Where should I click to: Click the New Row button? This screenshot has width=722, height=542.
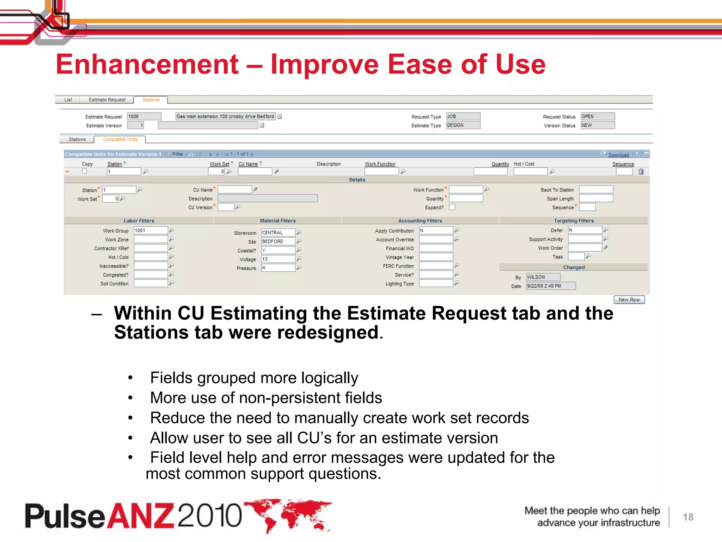pos(629,300)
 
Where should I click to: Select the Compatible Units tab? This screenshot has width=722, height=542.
pos(120,139)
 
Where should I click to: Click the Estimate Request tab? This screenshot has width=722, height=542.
pos(107,100)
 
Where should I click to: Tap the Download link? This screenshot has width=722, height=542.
pos(618,155)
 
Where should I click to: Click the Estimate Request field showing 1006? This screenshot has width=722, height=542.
pos(144,116)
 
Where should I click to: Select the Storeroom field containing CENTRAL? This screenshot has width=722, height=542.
pos(278,233)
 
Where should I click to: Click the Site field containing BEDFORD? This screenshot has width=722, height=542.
pos(278,241)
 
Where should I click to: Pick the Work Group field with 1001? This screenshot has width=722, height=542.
pos(151,230)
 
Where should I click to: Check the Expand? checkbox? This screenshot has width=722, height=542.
pos(452,207)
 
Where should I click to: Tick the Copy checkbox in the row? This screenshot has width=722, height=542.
pos(84,171)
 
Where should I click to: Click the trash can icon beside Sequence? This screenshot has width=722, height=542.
pos(641,171)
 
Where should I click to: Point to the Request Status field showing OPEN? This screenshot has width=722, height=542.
pos(598,116)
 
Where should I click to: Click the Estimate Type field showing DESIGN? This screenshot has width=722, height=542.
pos(463,125)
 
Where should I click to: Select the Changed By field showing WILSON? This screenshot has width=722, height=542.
pos(543,277)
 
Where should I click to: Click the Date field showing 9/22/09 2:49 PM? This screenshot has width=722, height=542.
pos(551,286)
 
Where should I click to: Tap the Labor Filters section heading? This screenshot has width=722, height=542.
pos(139,221)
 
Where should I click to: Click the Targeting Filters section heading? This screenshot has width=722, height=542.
pos(574,221)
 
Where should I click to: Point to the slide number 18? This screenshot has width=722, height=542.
pos(688,517)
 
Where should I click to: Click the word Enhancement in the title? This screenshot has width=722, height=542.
pos(147,65)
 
